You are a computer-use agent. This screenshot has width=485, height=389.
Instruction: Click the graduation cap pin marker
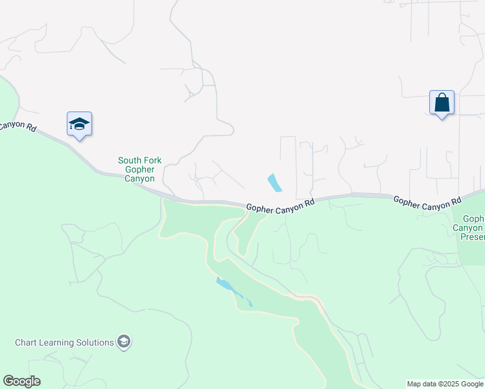[x=79, y=124]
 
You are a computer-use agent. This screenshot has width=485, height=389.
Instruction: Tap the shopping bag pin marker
[x=442, y=102]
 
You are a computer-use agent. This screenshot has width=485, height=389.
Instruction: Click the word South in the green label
[x=130, y=160]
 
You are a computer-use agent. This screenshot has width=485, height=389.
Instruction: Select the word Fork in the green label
[x=152, y=160]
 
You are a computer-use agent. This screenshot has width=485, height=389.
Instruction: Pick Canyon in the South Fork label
[x=139, y=178]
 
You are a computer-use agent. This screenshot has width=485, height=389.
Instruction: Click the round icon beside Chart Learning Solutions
[x=124, y=342]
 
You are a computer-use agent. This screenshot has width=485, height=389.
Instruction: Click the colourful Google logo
[x=21, y=381]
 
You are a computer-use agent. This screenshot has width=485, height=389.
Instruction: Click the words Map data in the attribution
[x=421, y=384]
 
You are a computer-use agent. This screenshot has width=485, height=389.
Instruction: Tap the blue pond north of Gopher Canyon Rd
[x=275, y=182]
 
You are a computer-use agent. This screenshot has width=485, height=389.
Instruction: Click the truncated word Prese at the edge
[x=472, y=237]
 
